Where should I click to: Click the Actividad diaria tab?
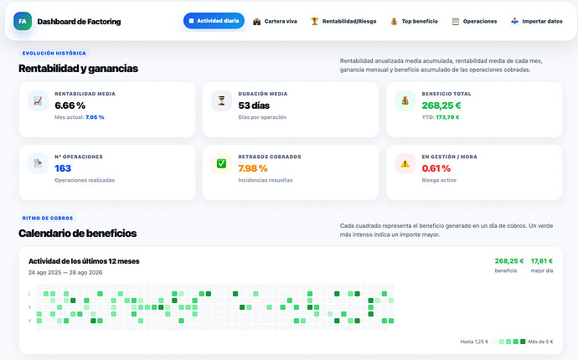coord(214,21)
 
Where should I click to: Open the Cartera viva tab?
coord(275,22)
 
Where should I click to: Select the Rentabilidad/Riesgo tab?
coord(343,22)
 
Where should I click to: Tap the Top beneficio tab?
coord(415,22)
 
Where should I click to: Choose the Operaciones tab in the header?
coord(474,22)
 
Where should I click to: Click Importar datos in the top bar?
coord(537,22)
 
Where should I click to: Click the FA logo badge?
coord(23,22)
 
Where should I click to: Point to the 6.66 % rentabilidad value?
coord(70,105)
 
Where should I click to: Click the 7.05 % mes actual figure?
coord(95,117)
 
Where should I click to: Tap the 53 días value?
coord(254,105)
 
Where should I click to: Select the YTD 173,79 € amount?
coord(447,117)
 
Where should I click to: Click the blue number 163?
coord(63,168)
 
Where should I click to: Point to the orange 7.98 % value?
coord(253,168)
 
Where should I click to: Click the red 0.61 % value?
coord(436,168)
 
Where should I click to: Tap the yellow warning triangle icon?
coord(405,163)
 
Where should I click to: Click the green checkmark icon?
coord(221,163)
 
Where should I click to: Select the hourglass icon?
coord(221,100)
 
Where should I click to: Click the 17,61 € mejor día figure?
coord(542,261)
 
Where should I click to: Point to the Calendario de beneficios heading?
coord(77,234)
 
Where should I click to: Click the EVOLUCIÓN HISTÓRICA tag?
coord(54,53)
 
